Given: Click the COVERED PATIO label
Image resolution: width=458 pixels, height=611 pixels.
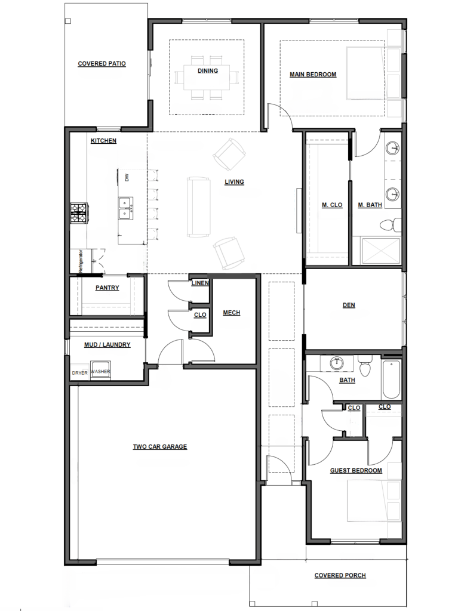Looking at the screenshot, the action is [x=102, y=63].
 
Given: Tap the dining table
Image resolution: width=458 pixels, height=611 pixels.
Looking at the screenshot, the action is [x=208, y=77].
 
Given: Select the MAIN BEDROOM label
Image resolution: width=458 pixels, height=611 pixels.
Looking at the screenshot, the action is [x=313, y=75].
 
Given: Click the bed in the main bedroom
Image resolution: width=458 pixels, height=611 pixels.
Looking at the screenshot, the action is [x=374, y=73].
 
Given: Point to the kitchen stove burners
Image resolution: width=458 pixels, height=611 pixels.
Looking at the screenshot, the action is [x=79, y=213].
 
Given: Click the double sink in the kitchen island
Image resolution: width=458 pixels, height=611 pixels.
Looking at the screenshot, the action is [x=125, y=208].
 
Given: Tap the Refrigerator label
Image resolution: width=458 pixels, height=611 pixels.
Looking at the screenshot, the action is [x=81, y=261].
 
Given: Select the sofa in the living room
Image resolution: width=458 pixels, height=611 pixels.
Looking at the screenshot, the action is [x=198, y=207].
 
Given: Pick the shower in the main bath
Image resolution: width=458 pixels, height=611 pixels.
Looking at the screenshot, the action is [x=381, y=251].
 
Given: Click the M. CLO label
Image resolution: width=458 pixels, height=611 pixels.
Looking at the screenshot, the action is [x=332, y=205].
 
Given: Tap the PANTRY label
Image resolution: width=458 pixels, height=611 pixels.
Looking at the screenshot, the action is [x=107, y=288].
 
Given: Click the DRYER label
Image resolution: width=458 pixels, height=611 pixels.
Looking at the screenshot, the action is [x=79, y=373].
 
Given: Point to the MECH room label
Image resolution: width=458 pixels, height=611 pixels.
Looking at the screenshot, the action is [x=231, y=313].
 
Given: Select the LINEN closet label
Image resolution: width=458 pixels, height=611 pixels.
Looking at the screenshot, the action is [x=200, y=283].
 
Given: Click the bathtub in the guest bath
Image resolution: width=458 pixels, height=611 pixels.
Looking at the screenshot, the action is [x=391, y=379].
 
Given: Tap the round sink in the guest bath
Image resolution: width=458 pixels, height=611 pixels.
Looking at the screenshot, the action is [x=337, y=363].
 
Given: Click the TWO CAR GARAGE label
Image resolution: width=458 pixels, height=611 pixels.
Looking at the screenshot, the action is [x=160, y=446].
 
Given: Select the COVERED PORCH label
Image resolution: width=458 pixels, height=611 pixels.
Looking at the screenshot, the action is [x=340, y=575].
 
